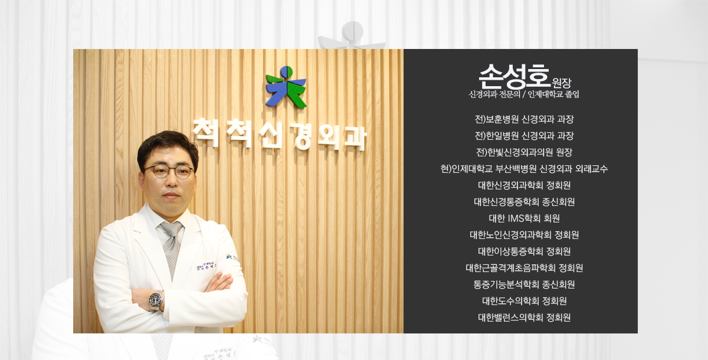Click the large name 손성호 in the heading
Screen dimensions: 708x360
click(514, 76)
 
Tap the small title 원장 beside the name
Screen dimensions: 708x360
click(562, 83)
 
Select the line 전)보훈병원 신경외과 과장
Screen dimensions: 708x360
click(524, 119)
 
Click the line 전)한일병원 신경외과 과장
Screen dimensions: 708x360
click(524, 136)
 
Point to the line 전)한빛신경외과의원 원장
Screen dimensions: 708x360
click(524, 152)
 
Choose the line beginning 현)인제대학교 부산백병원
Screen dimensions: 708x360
click(524, 169)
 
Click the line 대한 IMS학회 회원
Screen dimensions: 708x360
click(524, 218)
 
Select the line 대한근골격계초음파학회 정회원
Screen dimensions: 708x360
click(524, 268)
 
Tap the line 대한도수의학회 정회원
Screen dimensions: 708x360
click(524, 300)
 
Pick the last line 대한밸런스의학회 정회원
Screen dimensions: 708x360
click(524, 317)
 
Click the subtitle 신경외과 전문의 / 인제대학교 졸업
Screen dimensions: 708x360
click(524, 94)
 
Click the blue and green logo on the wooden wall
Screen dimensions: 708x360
click(286, 86)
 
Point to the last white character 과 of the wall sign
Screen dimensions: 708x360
click(355, 138)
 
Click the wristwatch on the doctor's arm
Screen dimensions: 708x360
click(156, 300)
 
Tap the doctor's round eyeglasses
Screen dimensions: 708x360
click(169, 171)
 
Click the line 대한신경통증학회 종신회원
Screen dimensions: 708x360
click(524, 202)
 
